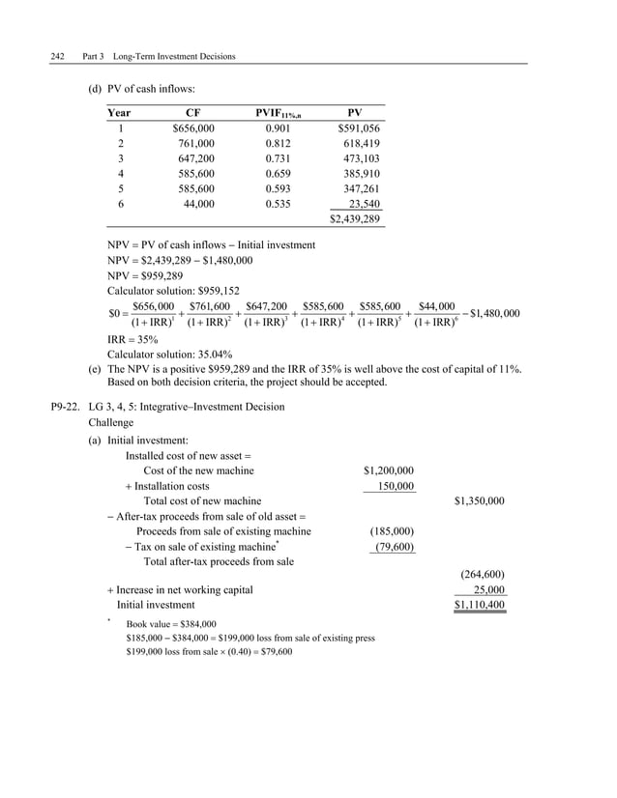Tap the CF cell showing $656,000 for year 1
tap(193, 128)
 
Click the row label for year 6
tap(121, 205)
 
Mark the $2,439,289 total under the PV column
tap(355, 220)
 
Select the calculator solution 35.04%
tap(209, 355)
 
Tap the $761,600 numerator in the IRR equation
tap(209, 306)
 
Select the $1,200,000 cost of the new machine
tap(389, 470)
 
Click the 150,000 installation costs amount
tap(396, 486)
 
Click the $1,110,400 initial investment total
tap(479, 605)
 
